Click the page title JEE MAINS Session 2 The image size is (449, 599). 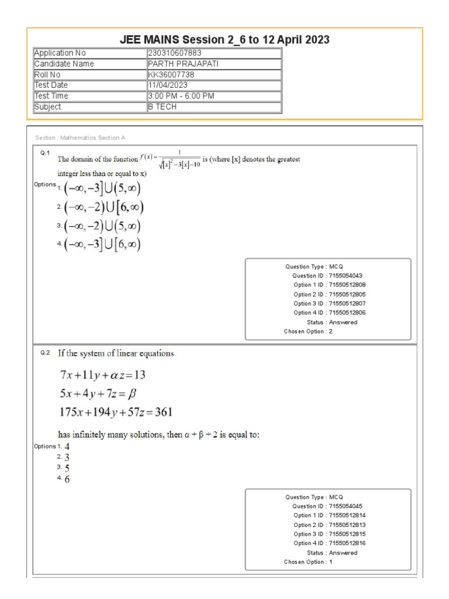click(x=224, y=40)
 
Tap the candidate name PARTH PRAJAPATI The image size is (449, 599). click(x=183, y=64)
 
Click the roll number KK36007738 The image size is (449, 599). click(x=171, y=75)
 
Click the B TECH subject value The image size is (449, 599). click(x=163, y=107)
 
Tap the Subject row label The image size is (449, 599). click(x=48, y=107)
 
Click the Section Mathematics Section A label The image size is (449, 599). click(x=81, y=137)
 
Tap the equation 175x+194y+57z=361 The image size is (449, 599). click(x=116, y=412)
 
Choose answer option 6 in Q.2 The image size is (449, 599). click(x=67, y=480)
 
